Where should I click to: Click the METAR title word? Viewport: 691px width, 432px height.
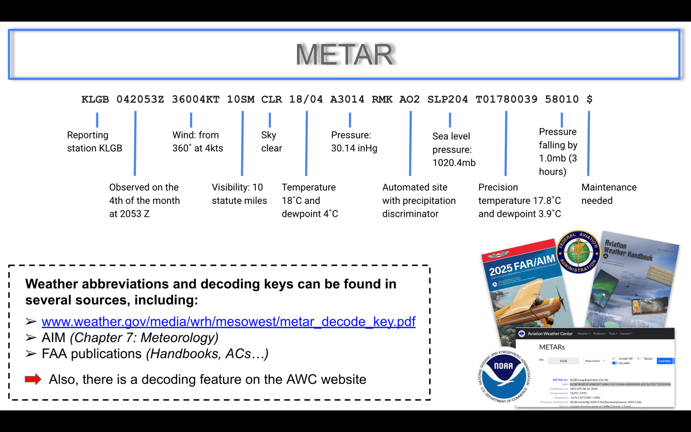click(x=345, y=54)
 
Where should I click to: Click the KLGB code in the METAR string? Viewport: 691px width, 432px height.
click(x=95, y=99)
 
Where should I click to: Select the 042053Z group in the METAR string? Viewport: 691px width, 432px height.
click(x=140, y=99)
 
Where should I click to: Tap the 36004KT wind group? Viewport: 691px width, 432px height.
click(x=195, y=99)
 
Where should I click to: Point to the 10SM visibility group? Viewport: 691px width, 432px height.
click(x=241, y=99)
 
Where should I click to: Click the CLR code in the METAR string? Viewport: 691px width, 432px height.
click(x=271, y=99)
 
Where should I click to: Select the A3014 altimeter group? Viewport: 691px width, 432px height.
click(x=347, y=99)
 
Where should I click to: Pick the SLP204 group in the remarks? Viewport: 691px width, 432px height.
click(x=447, y=99)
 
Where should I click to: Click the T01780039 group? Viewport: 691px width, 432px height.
click(x=506, y=99)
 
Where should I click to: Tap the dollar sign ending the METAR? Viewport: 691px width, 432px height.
click(x=590, y=99)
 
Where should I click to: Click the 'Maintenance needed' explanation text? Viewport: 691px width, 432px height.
click(x=609, y=194)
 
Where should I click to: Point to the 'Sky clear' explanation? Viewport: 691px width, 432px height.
click(x=271, y=142)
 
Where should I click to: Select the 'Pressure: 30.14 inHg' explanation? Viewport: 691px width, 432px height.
click(x=354, y=142)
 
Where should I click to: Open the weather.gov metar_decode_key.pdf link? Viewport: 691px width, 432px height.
click(x=228, y=321)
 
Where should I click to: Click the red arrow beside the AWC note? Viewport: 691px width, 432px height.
click(x=33, y=379)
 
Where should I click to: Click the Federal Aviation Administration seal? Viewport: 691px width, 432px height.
click(x=579, y=252)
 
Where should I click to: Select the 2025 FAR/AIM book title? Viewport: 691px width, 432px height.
click(x=522, y=264)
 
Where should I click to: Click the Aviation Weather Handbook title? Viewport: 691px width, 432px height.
click(x=628, y=251)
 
